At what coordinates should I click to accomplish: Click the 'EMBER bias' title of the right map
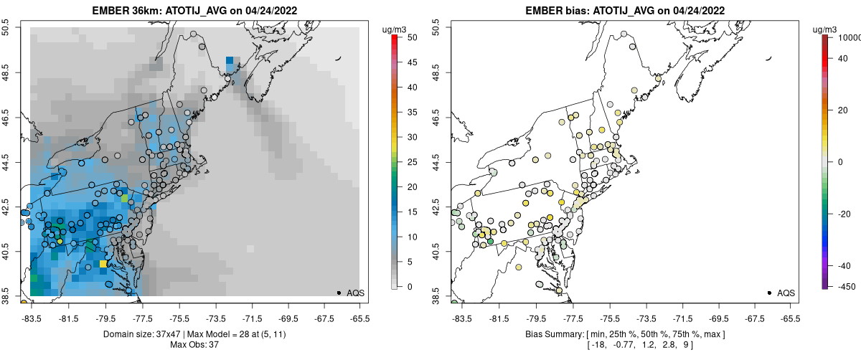[557, 11]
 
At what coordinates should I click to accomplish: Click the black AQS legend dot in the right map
[768, 293]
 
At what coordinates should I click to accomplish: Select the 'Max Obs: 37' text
[194, 345]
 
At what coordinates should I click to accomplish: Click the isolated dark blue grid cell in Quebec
[229, 61]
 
